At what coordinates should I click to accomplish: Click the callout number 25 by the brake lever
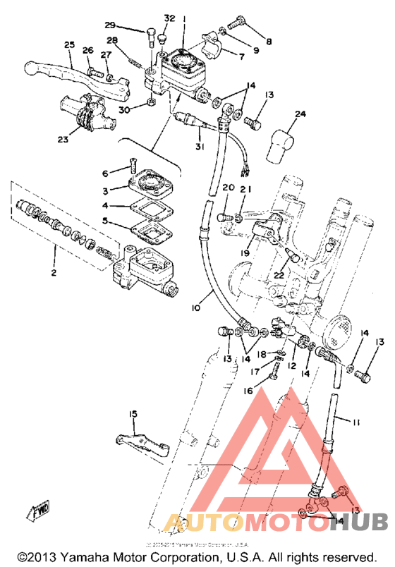point(68,46)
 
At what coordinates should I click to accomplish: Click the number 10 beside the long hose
point(195,308)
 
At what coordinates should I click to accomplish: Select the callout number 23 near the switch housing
point(63,140)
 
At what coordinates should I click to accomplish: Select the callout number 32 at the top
point(169,18)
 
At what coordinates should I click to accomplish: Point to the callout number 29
point(129,25)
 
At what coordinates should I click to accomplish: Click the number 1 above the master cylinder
point(183,18)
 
